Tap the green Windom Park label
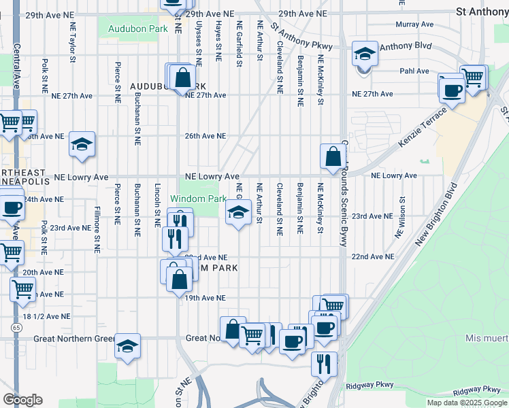click(198, 199)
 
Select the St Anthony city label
click(482, 12)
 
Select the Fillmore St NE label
click(97, 229)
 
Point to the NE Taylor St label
click(72, 41)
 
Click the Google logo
click(23, 400)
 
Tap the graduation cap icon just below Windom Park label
click(237, 213)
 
